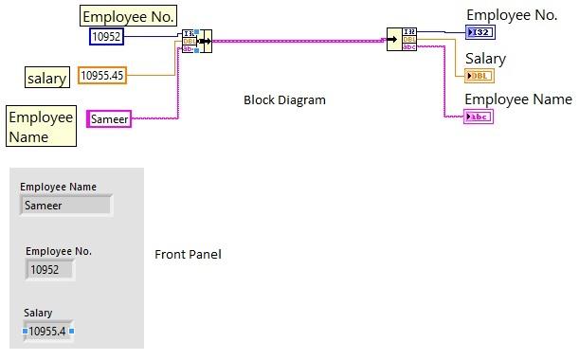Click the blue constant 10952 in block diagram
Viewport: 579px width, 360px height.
(x=106, y=36)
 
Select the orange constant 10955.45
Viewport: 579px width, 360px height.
(x=101, y=75)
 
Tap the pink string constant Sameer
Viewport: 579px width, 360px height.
(x=108, y=118)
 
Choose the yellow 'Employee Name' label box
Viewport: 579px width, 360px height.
(x=41, y=127)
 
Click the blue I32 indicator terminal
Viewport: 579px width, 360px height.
(x=479, y=32)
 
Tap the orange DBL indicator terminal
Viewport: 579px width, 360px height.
(x=479, y=76)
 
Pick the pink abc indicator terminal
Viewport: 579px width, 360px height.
(x=479, y=117)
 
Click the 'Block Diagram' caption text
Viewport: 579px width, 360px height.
(x=284, y=99)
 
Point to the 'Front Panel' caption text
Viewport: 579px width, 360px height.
(x=188, y=254)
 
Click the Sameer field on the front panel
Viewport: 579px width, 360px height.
(x=65, y=204)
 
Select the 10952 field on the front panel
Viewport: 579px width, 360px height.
(x=48, y=269)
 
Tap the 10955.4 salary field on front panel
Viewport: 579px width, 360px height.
(x=49, y=331)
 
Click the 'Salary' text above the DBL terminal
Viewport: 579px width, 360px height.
(x=485, y=59)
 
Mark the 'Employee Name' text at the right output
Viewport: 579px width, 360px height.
(x=517, y=99)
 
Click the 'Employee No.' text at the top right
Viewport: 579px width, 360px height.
(x=512, y=14)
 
